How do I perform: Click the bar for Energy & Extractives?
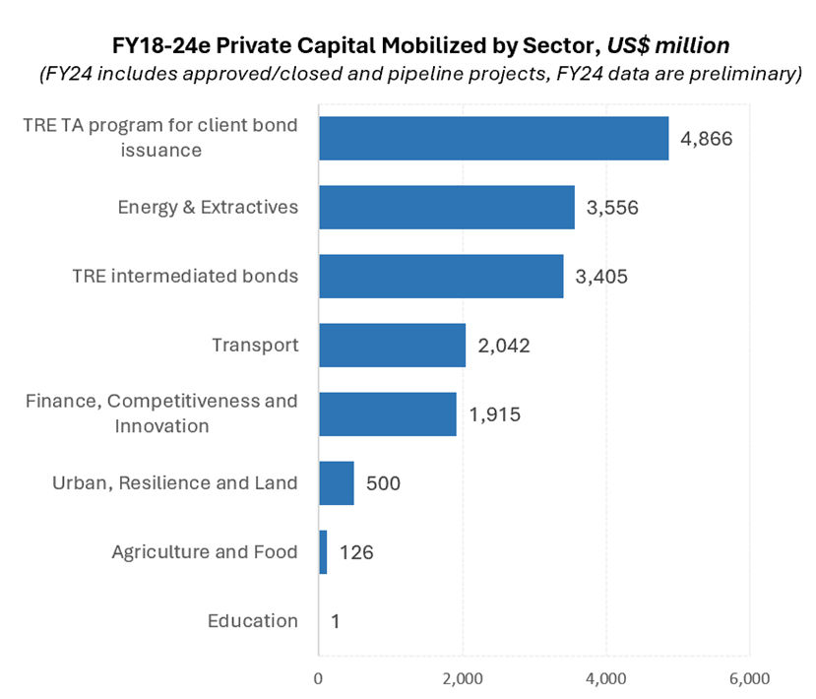click(446, 207)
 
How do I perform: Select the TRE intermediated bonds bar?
click(441, 276)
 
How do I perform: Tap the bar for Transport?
click(392, 346)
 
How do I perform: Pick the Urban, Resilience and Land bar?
click(336, 483)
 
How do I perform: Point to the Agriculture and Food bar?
click(323, 552)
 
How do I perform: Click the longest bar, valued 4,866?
click(493, 138)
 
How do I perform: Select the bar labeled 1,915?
click(387, 413)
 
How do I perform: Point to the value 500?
click(383, 483)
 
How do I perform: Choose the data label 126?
click(356, 552)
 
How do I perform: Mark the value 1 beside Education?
click(336, 621)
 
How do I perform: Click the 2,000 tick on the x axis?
click(463, 678)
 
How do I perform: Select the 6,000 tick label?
click(749, 678)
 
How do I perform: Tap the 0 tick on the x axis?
click(319, 678)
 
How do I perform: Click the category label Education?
click(252, 621)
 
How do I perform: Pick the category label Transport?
click(255, 346)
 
